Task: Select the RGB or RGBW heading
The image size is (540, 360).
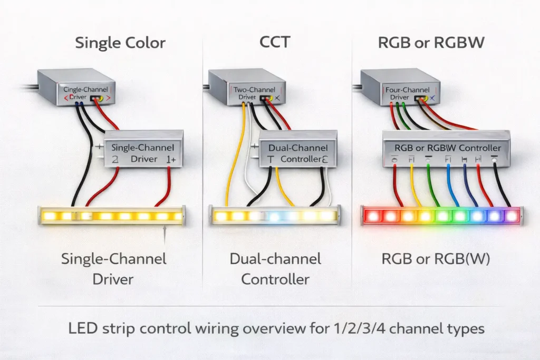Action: coord(431,43)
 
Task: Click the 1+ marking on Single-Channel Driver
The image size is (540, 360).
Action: coord(170,159)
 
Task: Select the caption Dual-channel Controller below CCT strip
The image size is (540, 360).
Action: coord(275,269)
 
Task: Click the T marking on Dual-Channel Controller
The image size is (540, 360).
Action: coord(271,159)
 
